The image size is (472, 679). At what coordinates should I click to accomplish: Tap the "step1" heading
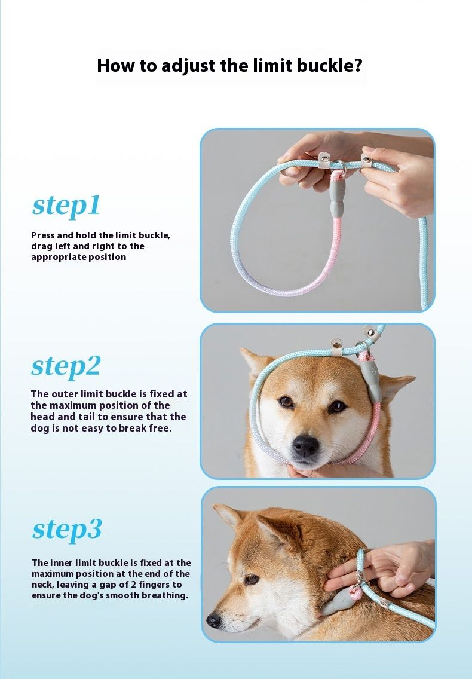66,205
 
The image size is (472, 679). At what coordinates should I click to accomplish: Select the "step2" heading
66,366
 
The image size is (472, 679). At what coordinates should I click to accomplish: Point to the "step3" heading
67,529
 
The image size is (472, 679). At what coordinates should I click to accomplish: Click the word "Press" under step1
43,235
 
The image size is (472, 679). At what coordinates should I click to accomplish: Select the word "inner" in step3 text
62,563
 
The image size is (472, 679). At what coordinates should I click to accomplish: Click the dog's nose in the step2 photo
306,446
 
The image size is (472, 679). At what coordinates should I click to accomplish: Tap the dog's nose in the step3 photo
213,620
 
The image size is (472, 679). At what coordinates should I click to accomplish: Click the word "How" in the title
113,65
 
